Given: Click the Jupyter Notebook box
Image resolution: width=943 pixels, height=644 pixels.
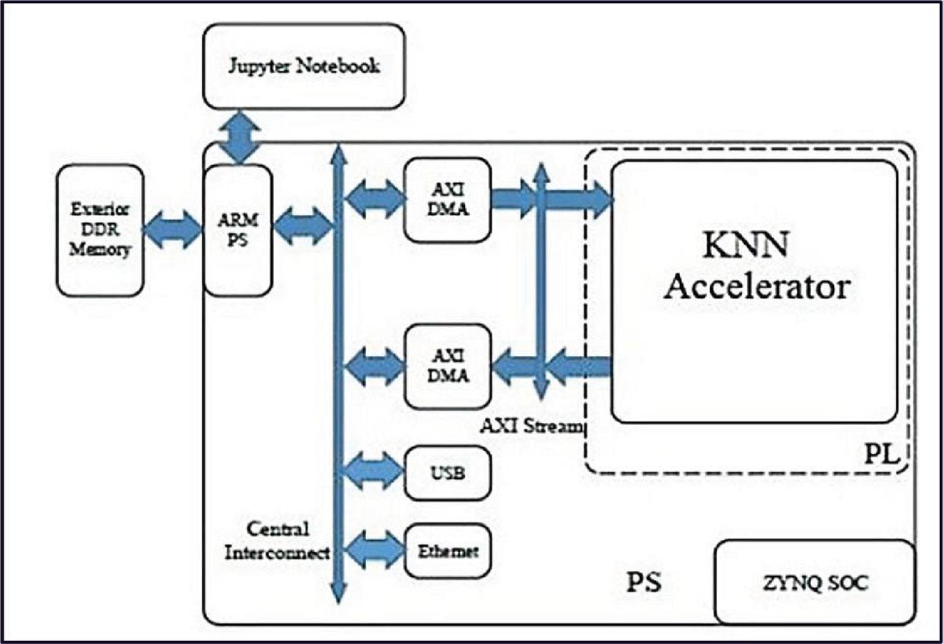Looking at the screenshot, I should (304, 66).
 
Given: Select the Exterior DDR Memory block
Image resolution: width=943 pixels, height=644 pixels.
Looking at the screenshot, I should (100, 230).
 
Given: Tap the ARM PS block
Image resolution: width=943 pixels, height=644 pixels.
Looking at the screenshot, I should (238, 230).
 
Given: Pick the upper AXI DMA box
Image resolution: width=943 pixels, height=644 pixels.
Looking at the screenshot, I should (448, 199).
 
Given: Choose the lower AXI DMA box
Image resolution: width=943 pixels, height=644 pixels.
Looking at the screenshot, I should (448, 366).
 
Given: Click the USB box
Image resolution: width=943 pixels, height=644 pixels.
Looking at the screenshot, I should (448, 472).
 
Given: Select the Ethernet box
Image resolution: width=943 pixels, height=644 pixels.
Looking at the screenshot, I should (448, 550).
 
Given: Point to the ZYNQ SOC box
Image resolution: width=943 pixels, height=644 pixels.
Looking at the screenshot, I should (814, 584).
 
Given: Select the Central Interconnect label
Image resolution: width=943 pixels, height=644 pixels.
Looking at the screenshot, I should (277, 541).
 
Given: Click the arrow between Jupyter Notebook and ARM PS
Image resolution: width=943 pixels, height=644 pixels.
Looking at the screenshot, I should (239, 137).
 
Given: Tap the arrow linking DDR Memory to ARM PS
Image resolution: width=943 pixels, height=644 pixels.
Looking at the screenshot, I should (172, 230).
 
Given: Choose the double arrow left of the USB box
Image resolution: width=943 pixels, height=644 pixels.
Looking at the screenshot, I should (374, 472).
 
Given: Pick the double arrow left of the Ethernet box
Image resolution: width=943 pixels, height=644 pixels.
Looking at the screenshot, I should (374, 550).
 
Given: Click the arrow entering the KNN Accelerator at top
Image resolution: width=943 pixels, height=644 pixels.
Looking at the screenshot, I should (582, 199).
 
